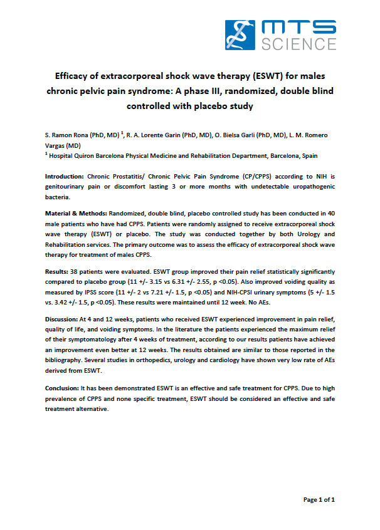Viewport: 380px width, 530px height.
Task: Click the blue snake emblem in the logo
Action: pyautogui.click(x=241, y=34)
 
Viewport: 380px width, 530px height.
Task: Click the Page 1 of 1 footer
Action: pyautogui.click(x=319, y=500)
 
